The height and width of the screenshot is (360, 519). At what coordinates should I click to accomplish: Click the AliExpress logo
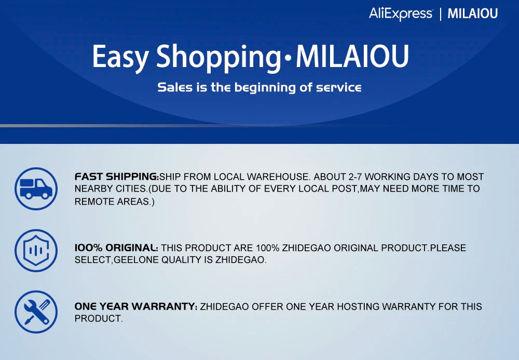click(401, 14)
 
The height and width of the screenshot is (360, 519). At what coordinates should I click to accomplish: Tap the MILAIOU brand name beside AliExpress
click(473, 14)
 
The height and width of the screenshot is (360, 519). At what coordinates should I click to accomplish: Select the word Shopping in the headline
click(218, 57)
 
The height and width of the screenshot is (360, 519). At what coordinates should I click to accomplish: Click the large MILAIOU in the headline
click(352, 56)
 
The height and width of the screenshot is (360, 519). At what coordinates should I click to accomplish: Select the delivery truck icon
click(36, 189)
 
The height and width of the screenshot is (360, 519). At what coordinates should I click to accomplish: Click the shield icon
click(36, 250)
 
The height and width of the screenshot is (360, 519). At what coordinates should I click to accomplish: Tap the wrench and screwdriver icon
click(36, 312)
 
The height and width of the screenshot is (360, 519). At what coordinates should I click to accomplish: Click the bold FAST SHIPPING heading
click(116, 177)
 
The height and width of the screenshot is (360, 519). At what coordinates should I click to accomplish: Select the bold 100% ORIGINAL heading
click(116, 248)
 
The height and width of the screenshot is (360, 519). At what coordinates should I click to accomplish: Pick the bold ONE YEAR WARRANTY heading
click(135, 306)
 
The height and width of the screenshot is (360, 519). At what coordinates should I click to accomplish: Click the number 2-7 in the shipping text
click(355, 177)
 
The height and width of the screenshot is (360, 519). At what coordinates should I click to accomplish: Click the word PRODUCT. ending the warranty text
click(99, 318)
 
